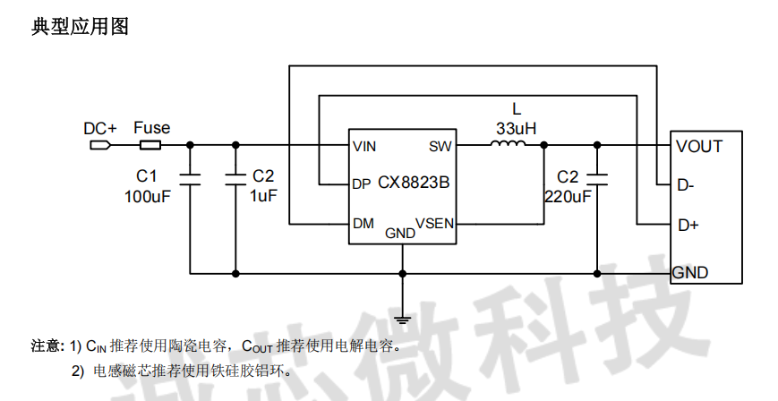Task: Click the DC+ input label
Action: [100, 128]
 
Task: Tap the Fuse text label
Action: [152, 127]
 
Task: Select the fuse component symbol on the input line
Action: [149, 144]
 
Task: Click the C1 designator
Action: [147, 175]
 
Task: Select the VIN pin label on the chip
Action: [364, 146]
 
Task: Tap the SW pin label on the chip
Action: [440, 146]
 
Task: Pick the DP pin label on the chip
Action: [362, 185]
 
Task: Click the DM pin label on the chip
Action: [363, 224]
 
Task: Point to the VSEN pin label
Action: [435, 224]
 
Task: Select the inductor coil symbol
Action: [511, 144]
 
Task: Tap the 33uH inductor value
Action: [517, 128]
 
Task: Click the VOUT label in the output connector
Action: [698, 146]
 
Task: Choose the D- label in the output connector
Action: [686, 185]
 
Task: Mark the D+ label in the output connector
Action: [688, 225]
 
